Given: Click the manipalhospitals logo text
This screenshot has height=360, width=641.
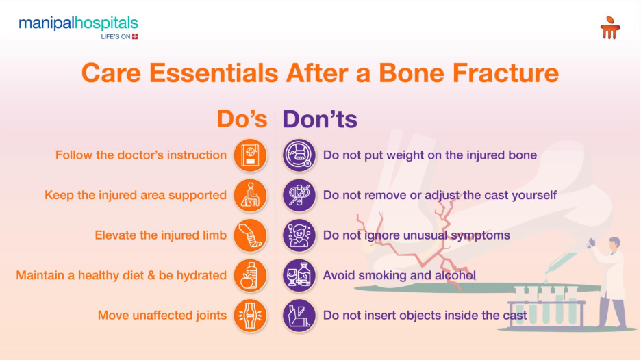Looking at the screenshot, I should tap(78, 24).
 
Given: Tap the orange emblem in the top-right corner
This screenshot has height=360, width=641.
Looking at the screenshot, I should tap(609, 28).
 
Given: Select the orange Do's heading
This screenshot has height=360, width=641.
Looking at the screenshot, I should tap(242, 118).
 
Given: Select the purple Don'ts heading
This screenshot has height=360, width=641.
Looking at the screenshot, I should tap(320, 118).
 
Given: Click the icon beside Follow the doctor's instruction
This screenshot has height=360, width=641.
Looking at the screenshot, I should tap(250, 155).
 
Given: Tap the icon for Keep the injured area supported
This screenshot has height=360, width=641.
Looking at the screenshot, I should tap(250, 195).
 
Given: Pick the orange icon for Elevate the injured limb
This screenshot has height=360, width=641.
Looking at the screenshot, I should tap(250, 235).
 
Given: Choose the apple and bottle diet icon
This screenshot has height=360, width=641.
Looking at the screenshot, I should tap(250, 275).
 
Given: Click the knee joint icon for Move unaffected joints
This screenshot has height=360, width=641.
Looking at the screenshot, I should tap(250, 316).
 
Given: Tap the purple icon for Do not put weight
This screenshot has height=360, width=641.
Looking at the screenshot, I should tap(299, 155).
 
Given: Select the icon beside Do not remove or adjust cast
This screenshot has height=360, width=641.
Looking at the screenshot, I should tap(299, 195).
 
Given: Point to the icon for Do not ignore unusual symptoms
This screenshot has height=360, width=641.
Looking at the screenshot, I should tap(299, 235).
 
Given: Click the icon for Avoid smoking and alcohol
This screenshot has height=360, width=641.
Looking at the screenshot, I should tap(299, 275).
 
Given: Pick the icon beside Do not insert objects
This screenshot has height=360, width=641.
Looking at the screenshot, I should tap(299, 316).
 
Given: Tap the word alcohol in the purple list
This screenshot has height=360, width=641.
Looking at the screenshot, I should tap(455, 275).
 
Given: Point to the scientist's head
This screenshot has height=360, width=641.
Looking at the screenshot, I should tap(614, 244).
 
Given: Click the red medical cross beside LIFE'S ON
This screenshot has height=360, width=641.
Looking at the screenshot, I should tap(135, 36).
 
